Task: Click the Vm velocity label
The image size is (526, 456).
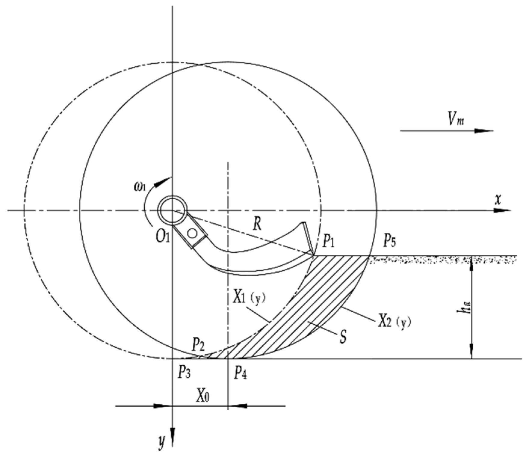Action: coord(455,121)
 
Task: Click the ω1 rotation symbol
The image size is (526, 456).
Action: coord(140,187)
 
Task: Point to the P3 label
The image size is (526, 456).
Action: coord(184,374)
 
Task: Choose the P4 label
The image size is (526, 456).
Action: coord(240,374)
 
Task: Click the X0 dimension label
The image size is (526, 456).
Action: coord(203,396)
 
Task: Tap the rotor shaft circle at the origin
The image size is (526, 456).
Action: coord(172,210)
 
